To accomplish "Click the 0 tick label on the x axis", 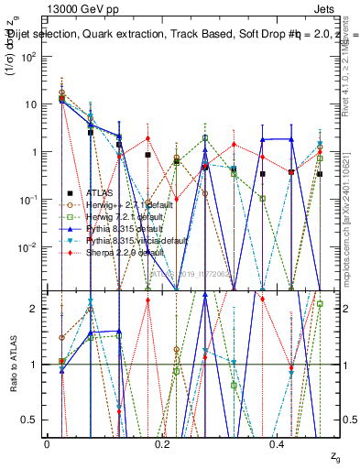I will (47, 443).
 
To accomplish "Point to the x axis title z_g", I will (323, 455).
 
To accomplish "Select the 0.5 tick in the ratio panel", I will (33, 420).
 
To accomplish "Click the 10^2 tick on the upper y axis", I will (30, 57).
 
